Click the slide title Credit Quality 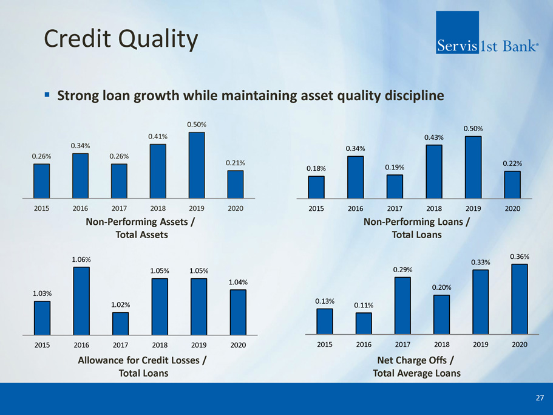click(121, 40)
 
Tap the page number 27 click(540, 398)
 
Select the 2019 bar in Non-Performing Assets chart click(197, 165)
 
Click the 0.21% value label click(236, 163)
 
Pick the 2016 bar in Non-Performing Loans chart click(356, 177)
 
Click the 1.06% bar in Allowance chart click(81, 301)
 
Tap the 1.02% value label click(120, 304)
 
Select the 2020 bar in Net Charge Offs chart click(520, 299)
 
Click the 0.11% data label click(364, 305)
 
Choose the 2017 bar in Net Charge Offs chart click(402, 306)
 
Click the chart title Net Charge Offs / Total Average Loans click(416, 367)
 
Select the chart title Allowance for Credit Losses click(142, 360)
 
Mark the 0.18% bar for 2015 click(316, 187)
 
